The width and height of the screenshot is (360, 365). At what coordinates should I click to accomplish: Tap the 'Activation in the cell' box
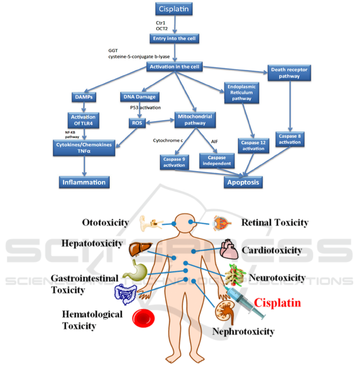click(174, 67)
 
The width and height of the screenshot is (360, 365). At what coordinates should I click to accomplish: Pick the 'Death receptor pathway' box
click(288, 73)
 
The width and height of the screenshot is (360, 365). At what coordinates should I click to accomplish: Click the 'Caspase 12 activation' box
click(253, 146)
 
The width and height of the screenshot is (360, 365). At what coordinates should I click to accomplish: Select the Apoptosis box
click(243, 182)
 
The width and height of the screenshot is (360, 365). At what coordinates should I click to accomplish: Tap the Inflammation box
click(84, 182)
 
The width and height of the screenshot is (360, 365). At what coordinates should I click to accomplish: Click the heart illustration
click(230, 250)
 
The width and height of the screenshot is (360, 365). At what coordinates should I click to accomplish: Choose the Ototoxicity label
click(105, 222)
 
